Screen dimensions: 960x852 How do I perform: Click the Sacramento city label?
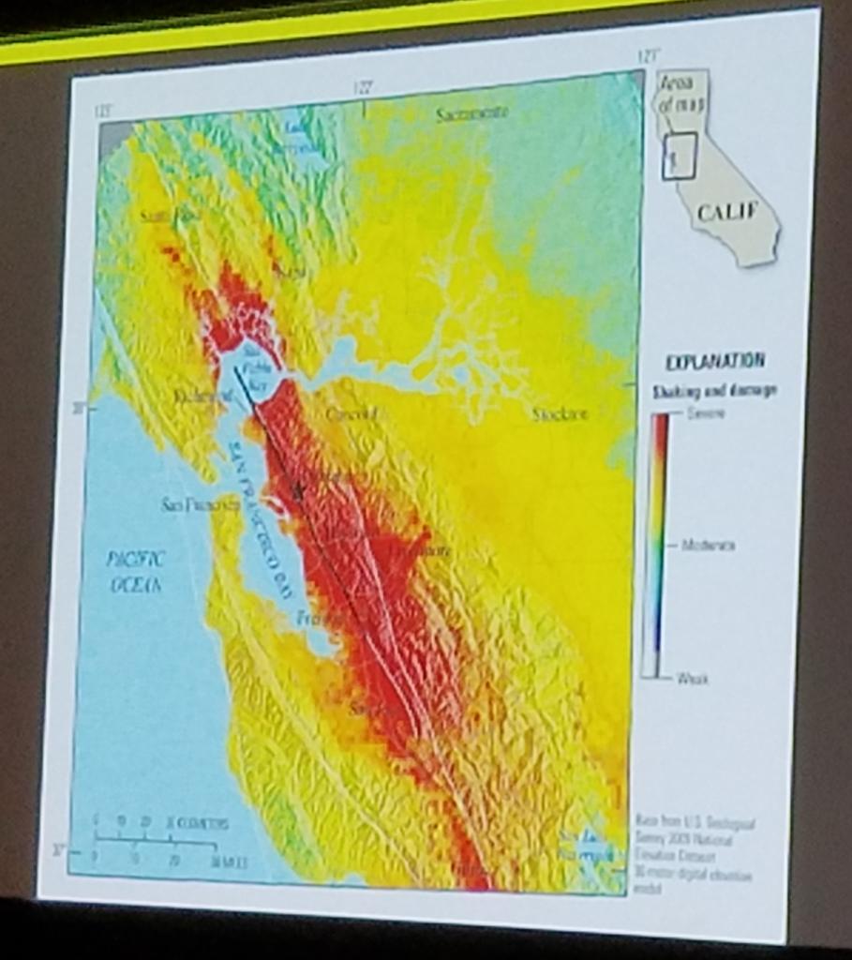pyautogui.click(x=472, y=113)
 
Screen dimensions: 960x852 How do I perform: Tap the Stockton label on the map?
pyautogui.click(x=560, y=414)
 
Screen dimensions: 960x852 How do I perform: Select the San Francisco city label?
pyautogui.click(x=201, y=505)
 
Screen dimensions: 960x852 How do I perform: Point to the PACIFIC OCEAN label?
pyautogui.click(x=135, y=571)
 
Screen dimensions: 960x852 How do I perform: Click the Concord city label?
pyautogui.click(x=351, y=413)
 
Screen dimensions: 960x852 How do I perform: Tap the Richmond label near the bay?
pyautogui.click(x=202, y=397)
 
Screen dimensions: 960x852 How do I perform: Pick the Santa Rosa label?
pyautogui.click(x=170, y=217)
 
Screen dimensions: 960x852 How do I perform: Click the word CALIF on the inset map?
pyautogui.click(x=726, y=213)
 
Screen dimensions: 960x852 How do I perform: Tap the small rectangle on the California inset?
pyautogui.click(x=679, y=156)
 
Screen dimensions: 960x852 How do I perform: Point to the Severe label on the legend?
pyautogui.click(x=706, y=413)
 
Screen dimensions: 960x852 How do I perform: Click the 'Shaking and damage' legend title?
pyautogui.click(x=714, y=390)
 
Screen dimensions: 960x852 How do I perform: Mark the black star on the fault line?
pyautogui.click(x=299, y=488)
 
